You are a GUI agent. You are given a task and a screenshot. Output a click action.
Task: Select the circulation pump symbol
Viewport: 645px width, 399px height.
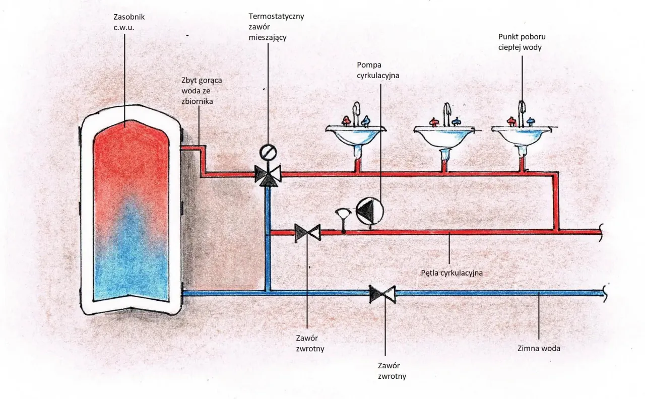pos(370,211)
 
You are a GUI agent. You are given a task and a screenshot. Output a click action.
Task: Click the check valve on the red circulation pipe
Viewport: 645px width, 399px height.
pos(307,232)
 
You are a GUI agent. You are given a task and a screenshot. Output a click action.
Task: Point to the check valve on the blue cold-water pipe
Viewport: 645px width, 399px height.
pos(382,293)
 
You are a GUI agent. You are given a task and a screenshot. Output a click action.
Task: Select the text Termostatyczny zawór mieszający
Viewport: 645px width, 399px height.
pos(276,27)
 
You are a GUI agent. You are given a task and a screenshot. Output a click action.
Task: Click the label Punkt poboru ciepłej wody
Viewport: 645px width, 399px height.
pos(522,42)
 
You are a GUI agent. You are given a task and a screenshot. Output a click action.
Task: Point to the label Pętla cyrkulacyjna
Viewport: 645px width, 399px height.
pos(451,273)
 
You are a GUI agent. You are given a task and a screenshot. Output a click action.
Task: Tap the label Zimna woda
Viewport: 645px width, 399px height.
pos(539,348)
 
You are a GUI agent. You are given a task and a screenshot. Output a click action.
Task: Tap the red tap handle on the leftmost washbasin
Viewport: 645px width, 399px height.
pos(346,120)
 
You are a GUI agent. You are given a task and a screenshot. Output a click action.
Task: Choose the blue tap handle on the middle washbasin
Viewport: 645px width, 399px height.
pos(457,121)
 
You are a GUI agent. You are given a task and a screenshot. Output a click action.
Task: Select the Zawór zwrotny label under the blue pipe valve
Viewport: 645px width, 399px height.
pos(392,371)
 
